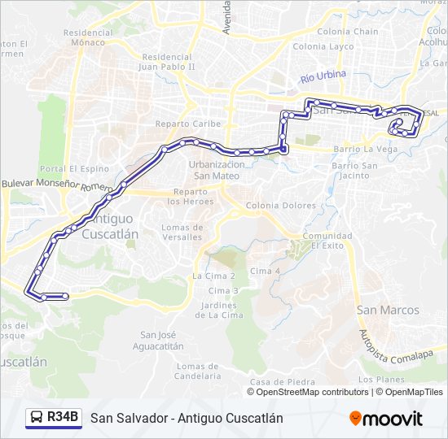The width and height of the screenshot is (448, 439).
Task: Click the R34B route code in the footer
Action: (x=63, y=418)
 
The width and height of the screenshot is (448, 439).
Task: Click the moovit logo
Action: (x=386, y=419)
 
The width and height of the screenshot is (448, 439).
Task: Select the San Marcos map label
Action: (x=389, y=310)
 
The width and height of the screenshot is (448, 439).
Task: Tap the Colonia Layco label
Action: (x=323, y=46)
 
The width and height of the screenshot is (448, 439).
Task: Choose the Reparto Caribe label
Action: (x=188, y=124)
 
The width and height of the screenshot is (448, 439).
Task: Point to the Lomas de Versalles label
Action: (x=182, y=232)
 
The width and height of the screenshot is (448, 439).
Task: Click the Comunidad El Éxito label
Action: (x=327, y=241)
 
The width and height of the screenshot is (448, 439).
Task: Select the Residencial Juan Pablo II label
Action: (x=167, y=63)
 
